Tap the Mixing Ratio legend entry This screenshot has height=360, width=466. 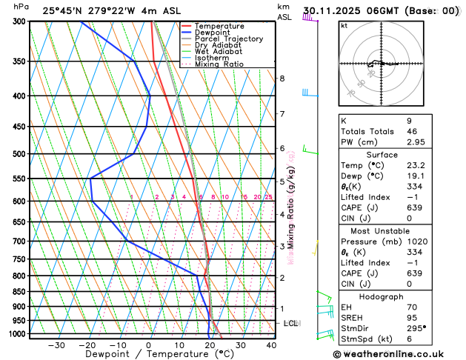click(x=223, y=64)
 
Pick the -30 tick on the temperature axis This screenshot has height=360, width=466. click(x=56, y=345)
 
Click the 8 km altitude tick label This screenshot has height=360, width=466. click(x=282, y=79)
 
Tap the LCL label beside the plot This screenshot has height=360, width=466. click(x=291, y=324)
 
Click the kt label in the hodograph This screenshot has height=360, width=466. click(x=344, y=25)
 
